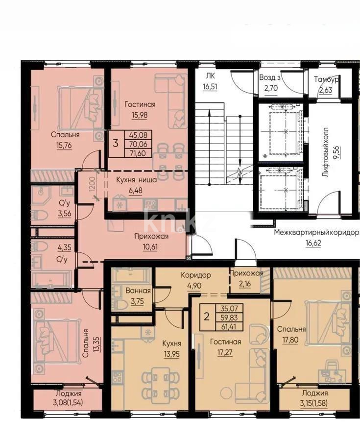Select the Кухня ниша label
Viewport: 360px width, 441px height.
[x=137, y=180]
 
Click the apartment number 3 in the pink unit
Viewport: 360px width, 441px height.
[x=115, y=144]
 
